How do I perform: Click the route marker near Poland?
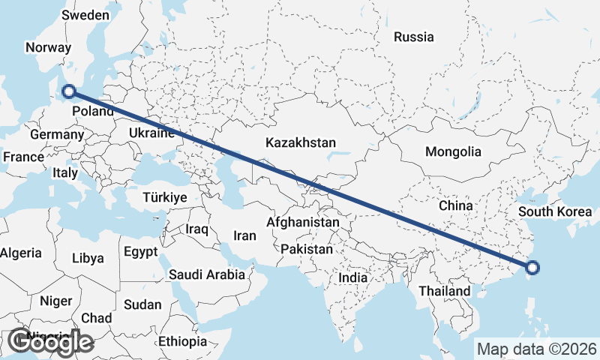[x=69, y=91]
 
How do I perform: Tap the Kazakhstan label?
[x=300, y=142]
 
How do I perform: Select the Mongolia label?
[x=453, y=151]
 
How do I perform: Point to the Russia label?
[x=413, y=37]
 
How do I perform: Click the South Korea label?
[x=555, y=211]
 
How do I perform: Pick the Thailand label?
[x=445, y=290]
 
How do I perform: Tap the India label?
[x=352, y=277]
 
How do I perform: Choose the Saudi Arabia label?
[x=206, y=274]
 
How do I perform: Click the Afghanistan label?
[x=303, y=223]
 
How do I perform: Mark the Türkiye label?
[x=164, y=197]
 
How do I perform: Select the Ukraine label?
[x=152, y=133]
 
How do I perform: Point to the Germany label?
[x=57, y=134]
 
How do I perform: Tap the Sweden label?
[x=85, y=15]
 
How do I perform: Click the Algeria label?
[x=20, y=253]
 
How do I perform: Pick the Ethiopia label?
[x=182, y=341]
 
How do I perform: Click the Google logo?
[x=50, y=342]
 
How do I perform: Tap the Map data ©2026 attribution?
[x=536, y=349]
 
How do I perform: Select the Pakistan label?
[x=307, y=248]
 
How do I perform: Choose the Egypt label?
[x=141, y=250]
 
